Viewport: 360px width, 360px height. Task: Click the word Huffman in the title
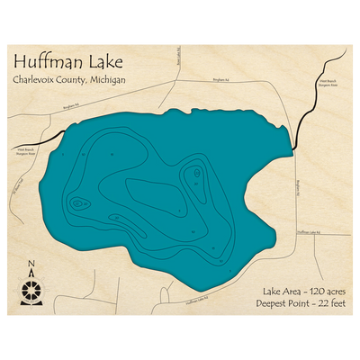coord(47,64)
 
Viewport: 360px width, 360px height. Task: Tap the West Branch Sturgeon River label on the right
coord(328,84)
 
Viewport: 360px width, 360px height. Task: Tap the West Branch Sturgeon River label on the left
coord(27,149)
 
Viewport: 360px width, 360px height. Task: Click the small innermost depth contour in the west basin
coord(78,204)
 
